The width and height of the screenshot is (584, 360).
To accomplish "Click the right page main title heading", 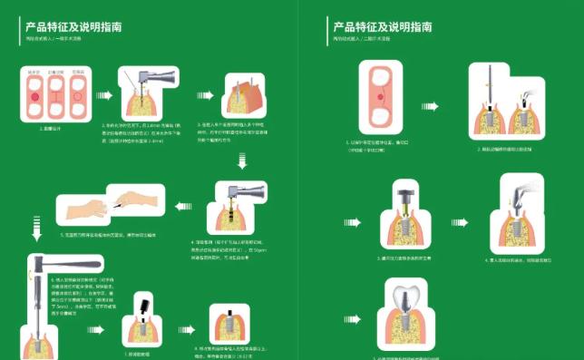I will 382,27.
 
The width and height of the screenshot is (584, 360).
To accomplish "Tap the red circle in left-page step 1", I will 34,94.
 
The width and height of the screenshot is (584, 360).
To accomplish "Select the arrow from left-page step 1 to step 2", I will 107,94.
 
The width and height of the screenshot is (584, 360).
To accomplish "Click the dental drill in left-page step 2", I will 153,79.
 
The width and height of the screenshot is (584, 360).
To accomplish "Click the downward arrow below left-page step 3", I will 241,162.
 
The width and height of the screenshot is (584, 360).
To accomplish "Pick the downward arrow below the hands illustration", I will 37,234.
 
